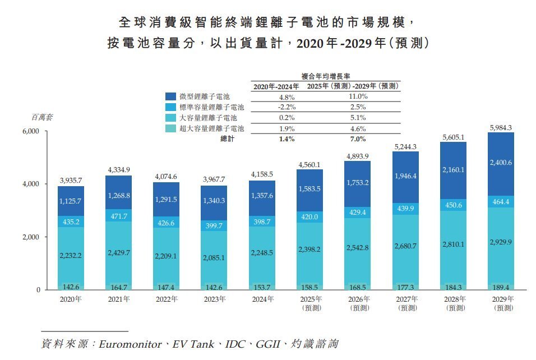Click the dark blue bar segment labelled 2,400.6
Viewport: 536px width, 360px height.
501,163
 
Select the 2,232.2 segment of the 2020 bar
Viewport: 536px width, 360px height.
71,255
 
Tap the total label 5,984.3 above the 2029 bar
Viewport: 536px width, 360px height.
501,127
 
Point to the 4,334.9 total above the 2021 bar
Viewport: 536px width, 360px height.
119,170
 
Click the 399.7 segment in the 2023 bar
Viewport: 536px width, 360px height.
214,225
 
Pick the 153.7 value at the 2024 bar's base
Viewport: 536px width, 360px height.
262,286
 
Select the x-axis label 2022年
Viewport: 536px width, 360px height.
167,299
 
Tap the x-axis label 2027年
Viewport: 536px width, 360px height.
405,299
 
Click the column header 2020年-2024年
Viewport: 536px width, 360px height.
276,86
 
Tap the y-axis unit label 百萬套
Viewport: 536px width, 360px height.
41,117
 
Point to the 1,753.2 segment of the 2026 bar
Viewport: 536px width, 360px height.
358,183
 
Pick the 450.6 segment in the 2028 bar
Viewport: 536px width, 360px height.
453,205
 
